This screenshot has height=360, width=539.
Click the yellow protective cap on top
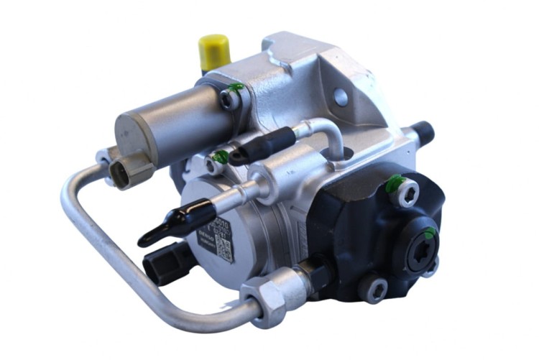coord(213,51)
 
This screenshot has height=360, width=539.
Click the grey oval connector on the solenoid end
coord(121,172)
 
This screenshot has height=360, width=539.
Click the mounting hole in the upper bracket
coord(341,98)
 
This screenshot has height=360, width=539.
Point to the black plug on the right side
coord(423,131)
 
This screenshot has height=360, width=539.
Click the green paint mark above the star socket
coord(429,231)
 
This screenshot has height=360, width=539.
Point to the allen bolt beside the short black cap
coord(218,160)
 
